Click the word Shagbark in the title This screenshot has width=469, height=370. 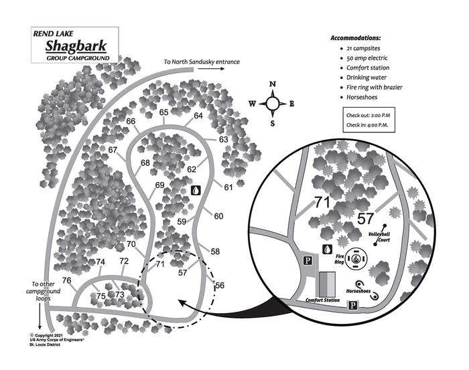76,46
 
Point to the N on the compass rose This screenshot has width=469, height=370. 273,84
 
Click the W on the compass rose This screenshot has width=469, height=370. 252,104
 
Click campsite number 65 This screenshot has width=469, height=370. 164,112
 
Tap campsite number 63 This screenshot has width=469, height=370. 224,139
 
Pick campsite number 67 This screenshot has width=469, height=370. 113,149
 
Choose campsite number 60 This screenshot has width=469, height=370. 218,215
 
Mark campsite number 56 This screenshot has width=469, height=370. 220,286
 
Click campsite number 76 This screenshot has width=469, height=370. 67,280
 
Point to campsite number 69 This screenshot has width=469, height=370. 159,185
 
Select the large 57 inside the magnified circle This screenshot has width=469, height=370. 365,217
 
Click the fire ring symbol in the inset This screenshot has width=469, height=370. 357,258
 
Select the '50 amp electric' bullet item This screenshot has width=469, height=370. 368,58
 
